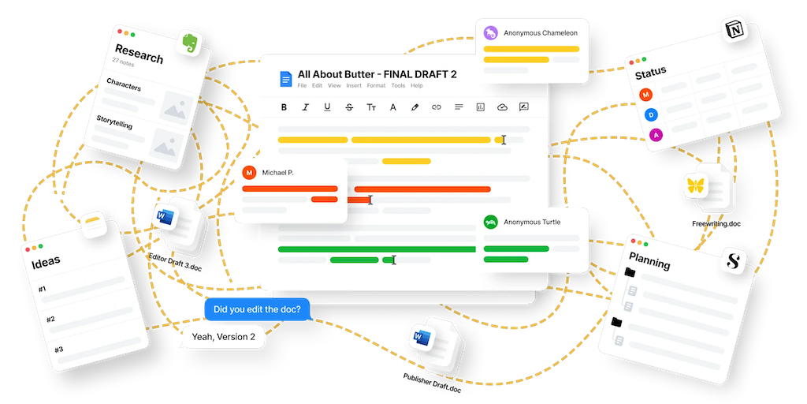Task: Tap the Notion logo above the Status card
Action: [734, 31]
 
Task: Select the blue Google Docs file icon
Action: [285, 79]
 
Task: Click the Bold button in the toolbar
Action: [284, 107]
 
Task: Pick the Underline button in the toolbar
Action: [327, 107]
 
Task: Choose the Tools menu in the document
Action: [398, 85]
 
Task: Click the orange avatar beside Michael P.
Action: [250, 172]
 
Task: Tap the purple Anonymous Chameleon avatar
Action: [491, 33]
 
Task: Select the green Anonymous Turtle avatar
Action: [491, 223]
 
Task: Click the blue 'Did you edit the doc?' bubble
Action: [257, 309]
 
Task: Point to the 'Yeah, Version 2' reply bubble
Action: [224, 337]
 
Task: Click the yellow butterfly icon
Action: [695, 186]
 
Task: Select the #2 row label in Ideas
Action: [50, 320]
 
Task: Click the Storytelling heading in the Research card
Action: [114, 123]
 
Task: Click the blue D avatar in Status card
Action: [652, 115]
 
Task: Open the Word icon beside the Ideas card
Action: [165, 216]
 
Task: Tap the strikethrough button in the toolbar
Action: [349, 107]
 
